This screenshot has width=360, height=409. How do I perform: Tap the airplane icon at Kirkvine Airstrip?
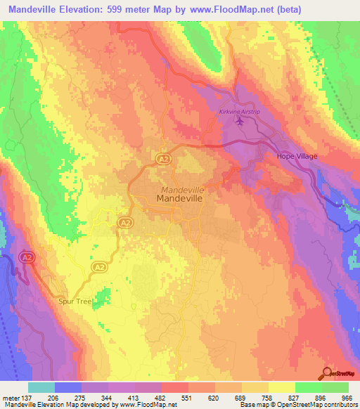tap(241, 122)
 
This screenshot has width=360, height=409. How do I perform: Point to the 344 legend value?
tap(108, 396)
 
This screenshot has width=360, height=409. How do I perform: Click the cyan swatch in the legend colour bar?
tap(41, 387)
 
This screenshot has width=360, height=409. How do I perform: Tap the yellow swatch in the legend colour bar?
tap(281, 387)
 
